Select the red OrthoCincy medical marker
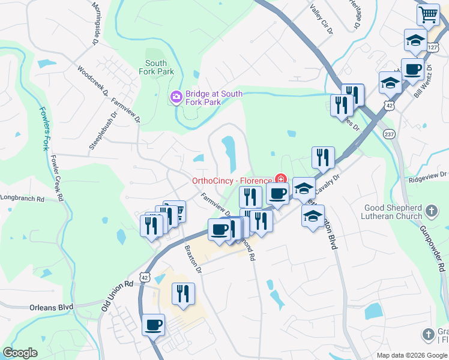coord(280,178)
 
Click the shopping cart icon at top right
coord(428,14)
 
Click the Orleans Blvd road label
coord(51,307)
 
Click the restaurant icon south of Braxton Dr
coord(182,293)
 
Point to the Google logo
coord(20,353)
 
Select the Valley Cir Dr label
coord(320,18)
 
